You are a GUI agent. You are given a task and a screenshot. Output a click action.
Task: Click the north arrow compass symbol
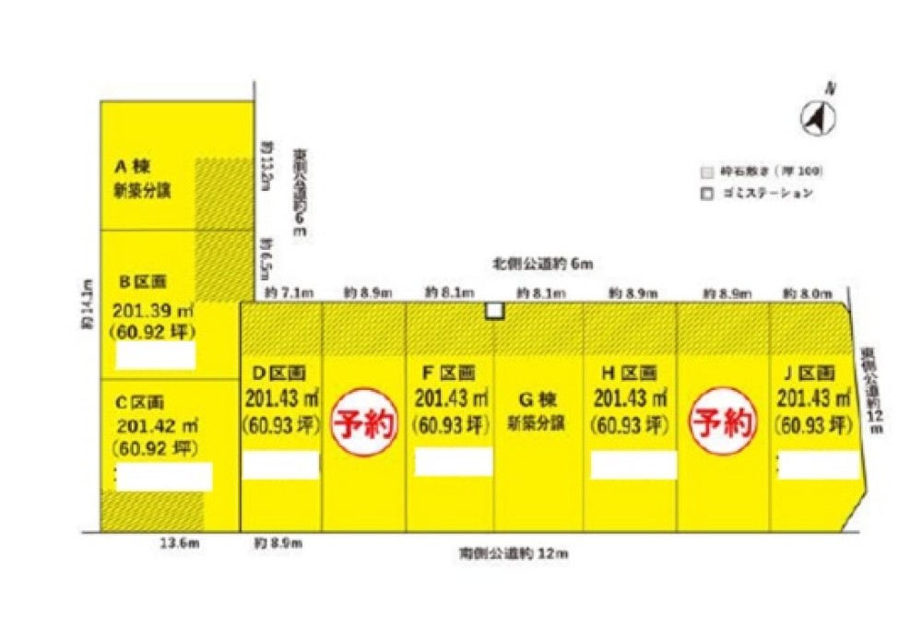tap(817, 115)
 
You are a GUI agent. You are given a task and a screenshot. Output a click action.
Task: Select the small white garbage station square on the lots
tap(495, 311)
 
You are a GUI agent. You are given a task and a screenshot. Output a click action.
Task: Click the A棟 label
tap(132, 167)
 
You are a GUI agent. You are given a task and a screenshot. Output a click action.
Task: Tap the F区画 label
tap(449, 373)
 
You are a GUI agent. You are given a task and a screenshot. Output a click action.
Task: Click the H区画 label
tap(629, 373)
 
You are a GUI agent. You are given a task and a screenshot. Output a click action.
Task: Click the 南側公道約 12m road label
tap(514, 554)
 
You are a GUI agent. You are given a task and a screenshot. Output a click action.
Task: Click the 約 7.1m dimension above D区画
tap(289, 292)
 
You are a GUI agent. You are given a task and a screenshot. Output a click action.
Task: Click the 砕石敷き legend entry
tap(761, 172)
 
